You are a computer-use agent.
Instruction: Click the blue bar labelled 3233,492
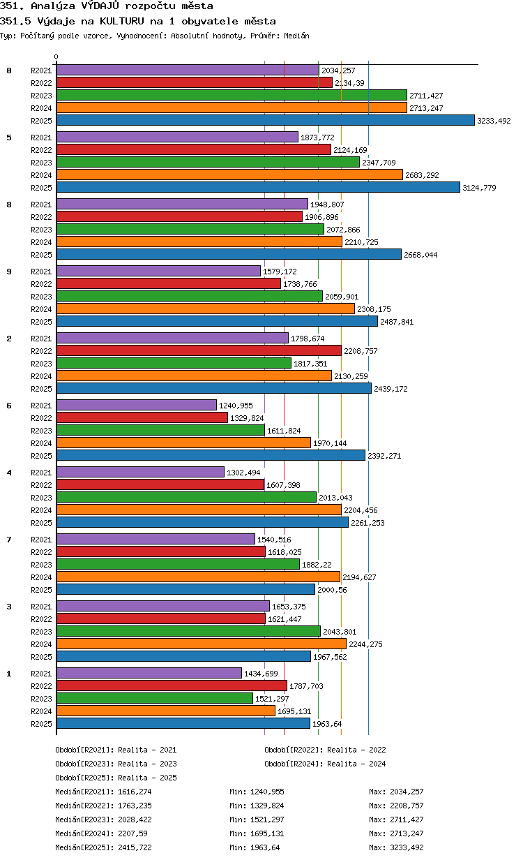point(265,120)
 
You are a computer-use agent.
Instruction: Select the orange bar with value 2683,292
point(229,175)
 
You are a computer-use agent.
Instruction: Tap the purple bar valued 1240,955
point(137,405)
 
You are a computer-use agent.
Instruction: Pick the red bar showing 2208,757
point(199,350)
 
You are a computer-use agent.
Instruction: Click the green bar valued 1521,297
point(155,698)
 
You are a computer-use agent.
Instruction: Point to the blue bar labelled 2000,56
point(185,589)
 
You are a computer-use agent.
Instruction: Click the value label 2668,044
point(420,255)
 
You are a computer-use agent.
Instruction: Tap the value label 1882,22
point(317,565)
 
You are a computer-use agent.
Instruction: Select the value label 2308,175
point(374,309)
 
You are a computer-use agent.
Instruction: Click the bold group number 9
point(9,272)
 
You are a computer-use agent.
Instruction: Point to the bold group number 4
point(9,473)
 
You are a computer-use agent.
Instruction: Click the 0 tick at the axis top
point(56,57)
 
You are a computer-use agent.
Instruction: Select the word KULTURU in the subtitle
point(121,21)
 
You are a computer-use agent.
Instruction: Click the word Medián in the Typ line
point(296,36)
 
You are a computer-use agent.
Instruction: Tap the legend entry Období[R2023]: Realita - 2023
point(116,764)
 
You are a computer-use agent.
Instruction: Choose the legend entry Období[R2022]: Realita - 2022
point(325,750)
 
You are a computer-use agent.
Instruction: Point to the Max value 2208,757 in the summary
point(407,806)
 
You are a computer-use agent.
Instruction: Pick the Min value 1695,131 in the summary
point(267,833)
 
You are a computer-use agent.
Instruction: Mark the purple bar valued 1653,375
point(163,606)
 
